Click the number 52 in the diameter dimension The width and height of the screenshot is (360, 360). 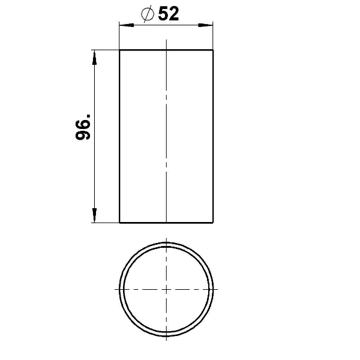(x=168, y=14)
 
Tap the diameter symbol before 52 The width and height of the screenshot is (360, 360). (x=147, y=14)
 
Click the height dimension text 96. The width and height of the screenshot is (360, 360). (x=83, y=127)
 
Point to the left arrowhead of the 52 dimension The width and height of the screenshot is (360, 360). (x=127, y=25)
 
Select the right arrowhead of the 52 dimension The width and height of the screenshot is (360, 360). (x=205, y=25)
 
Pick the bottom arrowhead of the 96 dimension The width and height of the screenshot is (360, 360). (x=94, y=215)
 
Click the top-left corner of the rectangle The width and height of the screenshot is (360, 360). (x=119, y=50)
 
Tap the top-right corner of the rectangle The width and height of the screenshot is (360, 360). (x=213, y=50)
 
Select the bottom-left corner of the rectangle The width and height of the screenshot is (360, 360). (x=119, y=223)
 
